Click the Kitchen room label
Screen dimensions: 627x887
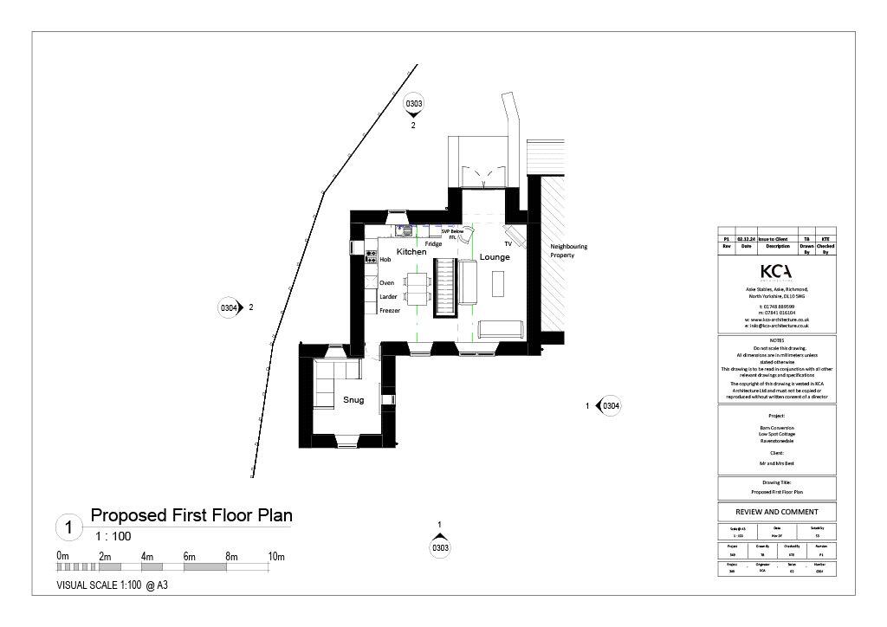[x=411, y=251]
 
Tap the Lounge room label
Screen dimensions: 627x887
[x=495, y=257]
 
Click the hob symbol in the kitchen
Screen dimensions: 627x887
[x=371, y=256]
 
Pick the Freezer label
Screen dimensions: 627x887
[x=390, y=310]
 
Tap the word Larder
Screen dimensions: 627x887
[x=388, y=296]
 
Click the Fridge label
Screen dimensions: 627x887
[x=433, y=244]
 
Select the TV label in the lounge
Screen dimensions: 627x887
[x=508, y=245]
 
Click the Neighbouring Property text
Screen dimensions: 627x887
[x=568, y=251]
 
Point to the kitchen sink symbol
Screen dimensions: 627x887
[x=404, y=231]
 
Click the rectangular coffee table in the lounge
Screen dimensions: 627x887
[x=498, y=284]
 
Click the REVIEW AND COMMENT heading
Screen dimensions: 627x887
[x=777, y=512]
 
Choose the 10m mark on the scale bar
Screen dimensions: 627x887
[x=276, y=556]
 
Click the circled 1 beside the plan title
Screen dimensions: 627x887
[x=68, y=527]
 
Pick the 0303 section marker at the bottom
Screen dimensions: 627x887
[x=440, y=546]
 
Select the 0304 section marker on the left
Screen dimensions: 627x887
[x=229, y=307]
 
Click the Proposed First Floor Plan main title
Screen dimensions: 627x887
[x=191, y=516]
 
